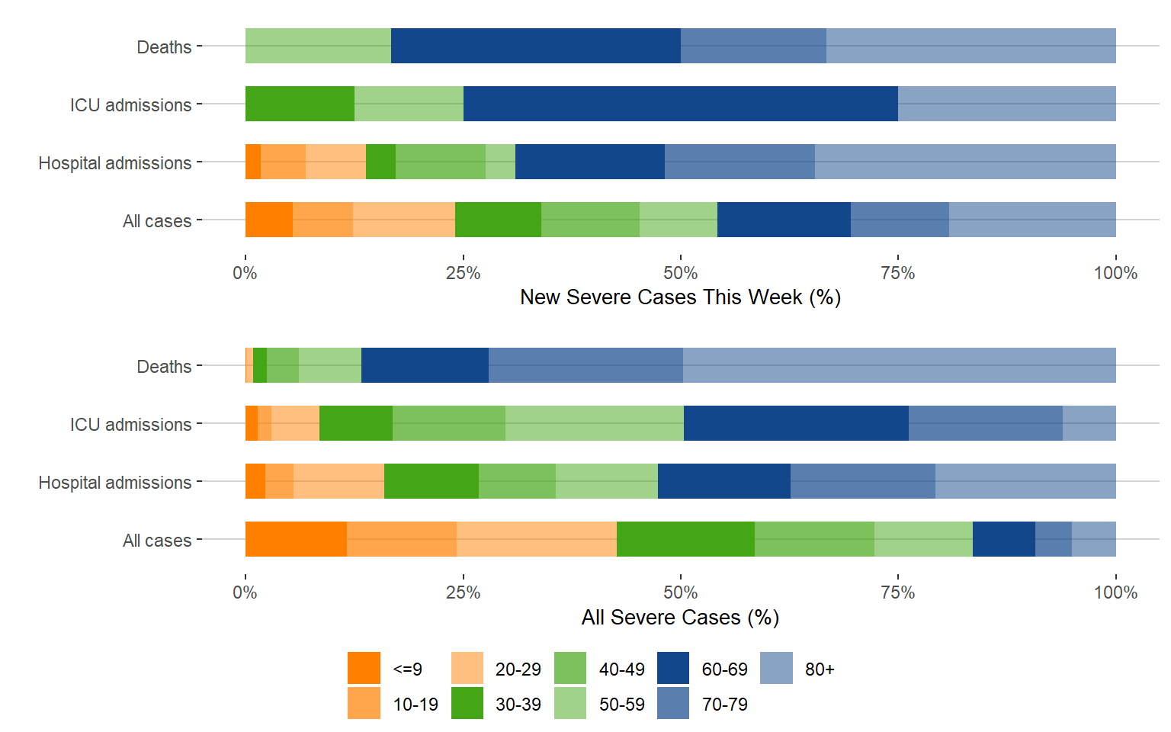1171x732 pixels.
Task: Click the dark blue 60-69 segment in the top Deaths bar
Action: pyautogui.click(x=535, y=46)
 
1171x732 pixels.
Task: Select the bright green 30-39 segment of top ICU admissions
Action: pyautogui.click(x=300, y=104)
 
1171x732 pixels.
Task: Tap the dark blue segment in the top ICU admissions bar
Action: pyautogui.click(x=680, y=104)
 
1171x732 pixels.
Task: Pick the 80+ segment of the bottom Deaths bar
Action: pyautogui.click(x=899, y=365)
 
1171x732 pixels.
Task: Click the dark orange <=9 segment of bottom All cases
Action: pyautogui.click(x=296, y=539)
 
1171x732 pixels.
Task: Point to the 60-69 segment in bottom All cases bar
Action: pyautogui.click(x=1003, y=539)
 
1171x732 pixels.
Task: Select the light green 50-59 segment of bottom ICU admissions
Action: pyautogui.click(x=594, y=423)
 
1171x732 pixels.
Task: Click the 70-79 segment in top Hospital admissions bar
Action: pyautogui.click(x=739, y=162)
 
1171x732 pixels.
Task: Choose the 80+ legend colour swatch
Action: pyautogui.click(x=776, y=668)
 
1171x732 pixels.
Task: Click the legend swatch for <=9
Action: pyautogui.click(x=364, y=668)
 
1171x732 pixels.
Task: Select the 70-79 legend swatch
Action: pyautogui.click(x=673, y=703)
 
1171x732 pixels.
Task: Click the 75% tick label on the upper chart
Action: pyautogui.click(x=897, y=273)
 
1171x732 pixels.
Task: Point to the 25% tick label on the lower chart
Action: pyautogui.click(x=463, y=592)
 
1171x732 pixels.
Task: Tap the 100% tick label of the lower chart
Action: pyautogui.click(x=1115, y=592)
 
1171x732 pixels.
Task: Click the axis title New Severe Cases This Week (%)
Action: pyautogui.click(x=680, y=297)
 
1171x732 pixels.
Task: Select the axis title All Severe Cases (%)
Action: pyautogui.click(x=680, y=618)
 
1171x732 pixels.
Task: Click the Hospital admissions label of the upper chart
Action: pyautogui.click(x=115, y=163)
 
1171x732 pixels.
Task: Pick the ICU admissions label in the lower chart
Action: pyautogui.click(x=130, y=425)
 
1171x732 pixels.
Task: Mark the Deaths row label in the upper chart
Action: pyautogui.click(x=164, y=47)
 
